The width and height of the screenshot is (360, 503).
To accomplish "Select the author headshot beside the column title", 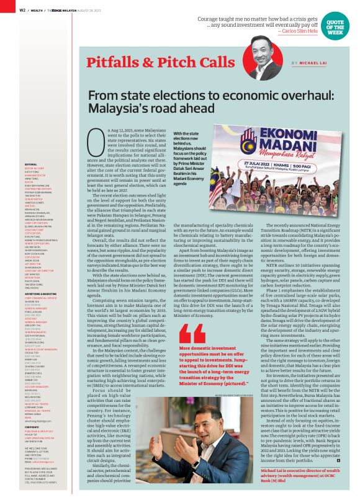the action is pos(263,55).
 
